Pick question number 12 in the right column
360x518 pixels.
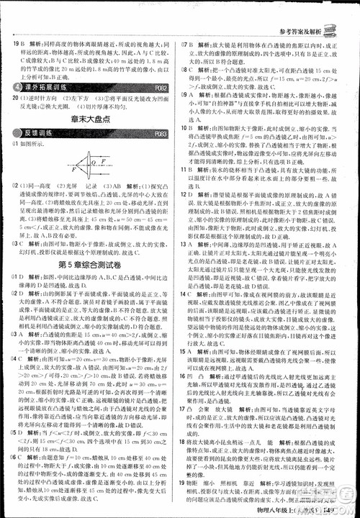click(186, 235)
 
